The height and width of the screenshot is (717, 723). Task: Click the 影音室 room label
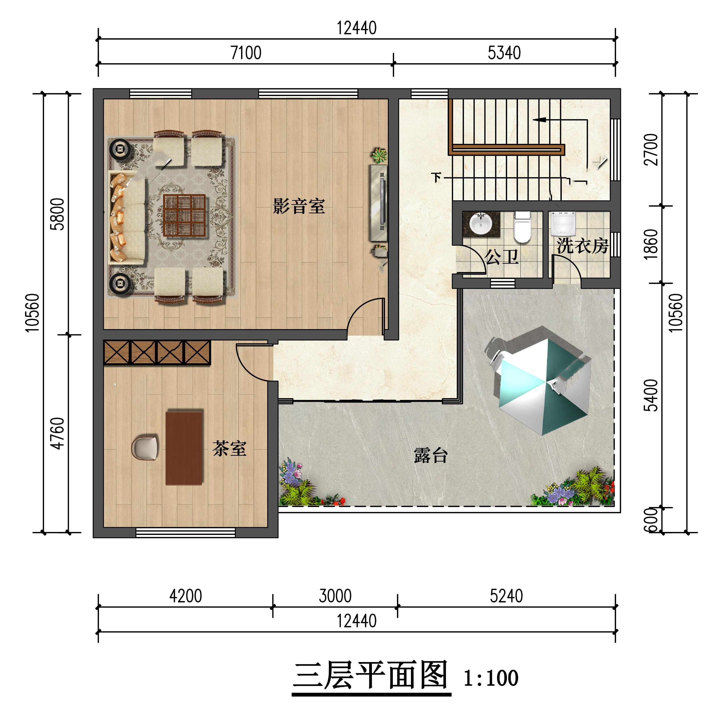pyautogui.click(x=299, y=206)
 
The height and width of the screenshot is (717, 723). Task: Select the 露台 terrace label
pyautogui.click(x=431, y=455)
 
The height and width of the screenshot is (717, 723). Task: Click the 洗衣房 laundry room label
pyautogui.click(x=582, y=246)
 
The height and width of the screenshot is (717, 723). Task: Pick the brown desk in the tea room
pyautogui.click(x=185, y=447)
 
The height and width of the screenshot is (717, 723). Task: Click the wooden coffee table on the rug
pyautogui.click(x=185, y=216)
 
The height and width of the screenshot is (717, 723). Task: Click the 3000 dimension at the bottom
pyautogui.click(x=335, y=596)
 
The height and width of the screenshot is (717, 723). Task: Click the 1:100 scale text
pyautogui.click(x=491, y=678)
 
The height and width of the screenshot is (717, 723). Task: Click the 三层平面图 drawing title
pyautogui.click(x=371, y=676)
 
